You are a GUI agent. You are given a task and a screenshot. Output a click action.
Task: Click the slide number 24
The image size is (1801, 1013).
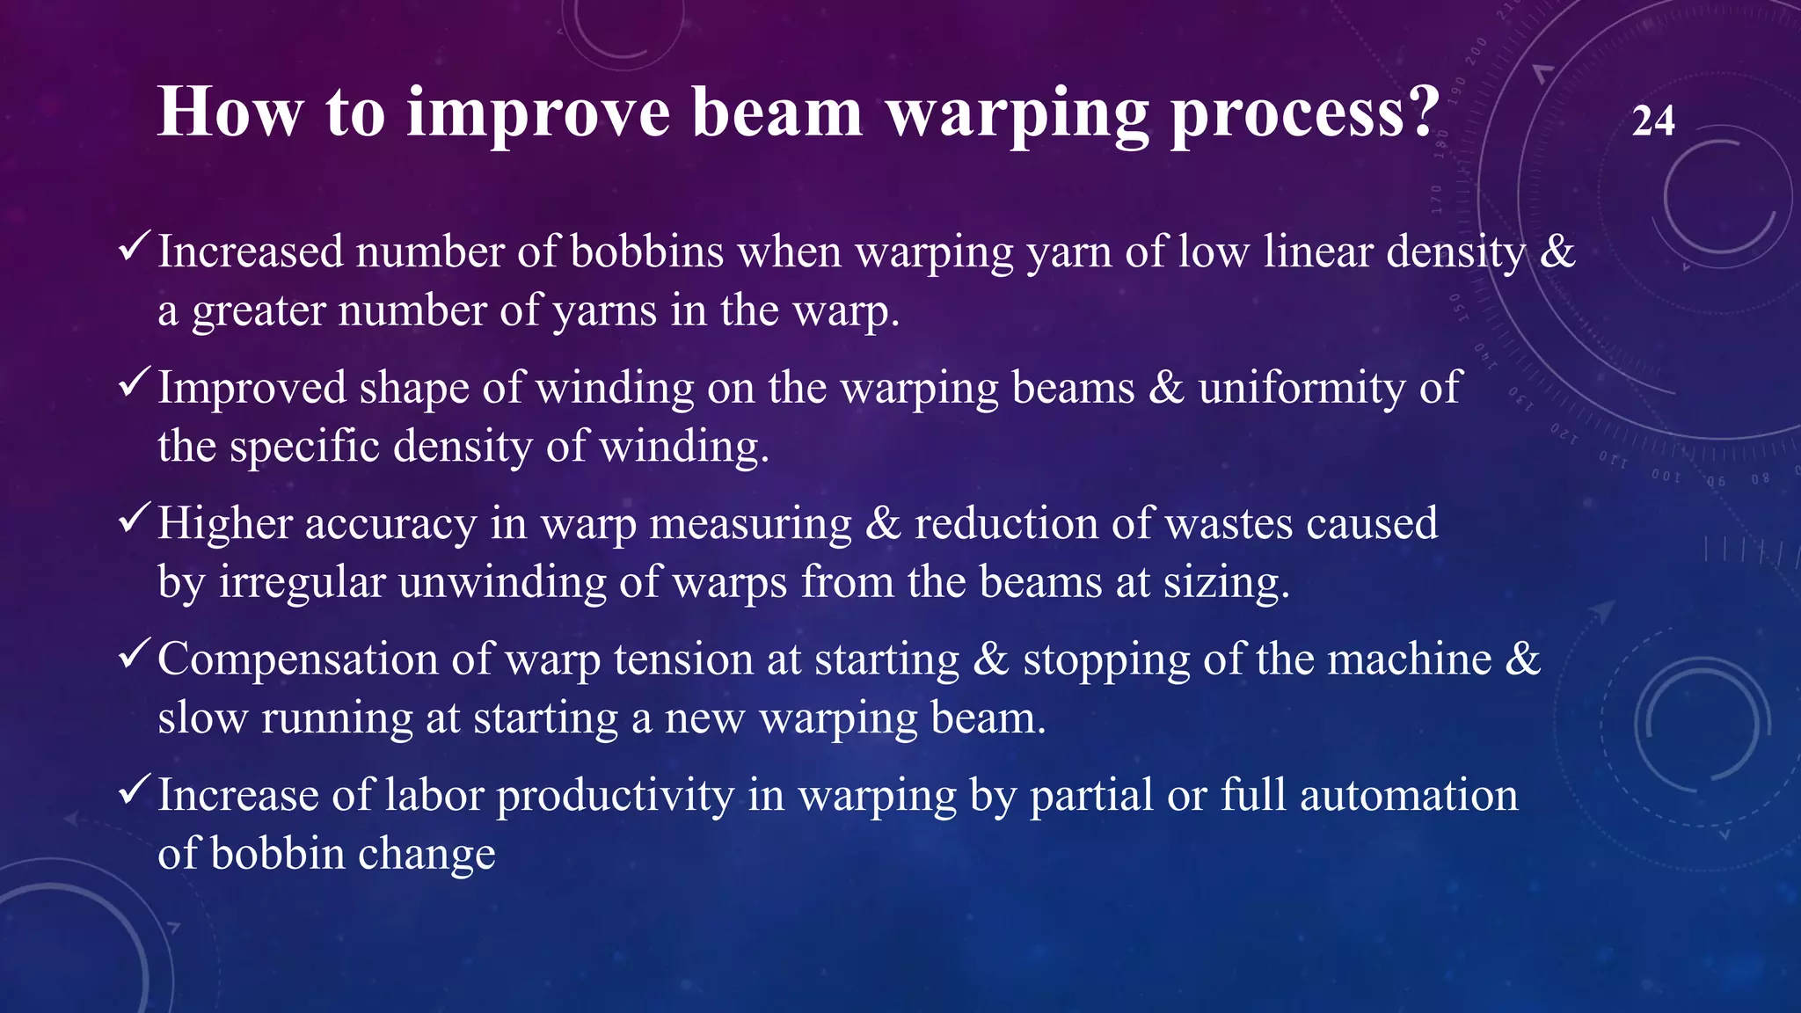(1652, 121)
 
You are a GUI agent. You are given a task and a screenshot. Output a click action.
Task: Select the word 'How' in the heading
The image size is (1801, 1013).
(230, 112)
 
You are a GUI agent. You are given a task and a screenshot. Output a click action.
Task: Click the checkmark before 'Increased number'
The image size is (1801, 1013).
(135, 247)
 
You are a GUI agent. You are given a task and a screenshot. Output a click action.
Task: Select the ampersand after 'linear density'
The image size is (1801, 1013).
(1557, 252)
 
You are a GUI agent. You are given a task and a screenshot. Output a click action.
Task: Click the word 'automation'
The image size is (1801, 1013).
(1408, 796)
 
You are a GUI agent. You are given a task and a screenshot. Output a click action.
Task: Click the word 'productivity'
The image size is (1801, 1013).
(615, 797)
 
